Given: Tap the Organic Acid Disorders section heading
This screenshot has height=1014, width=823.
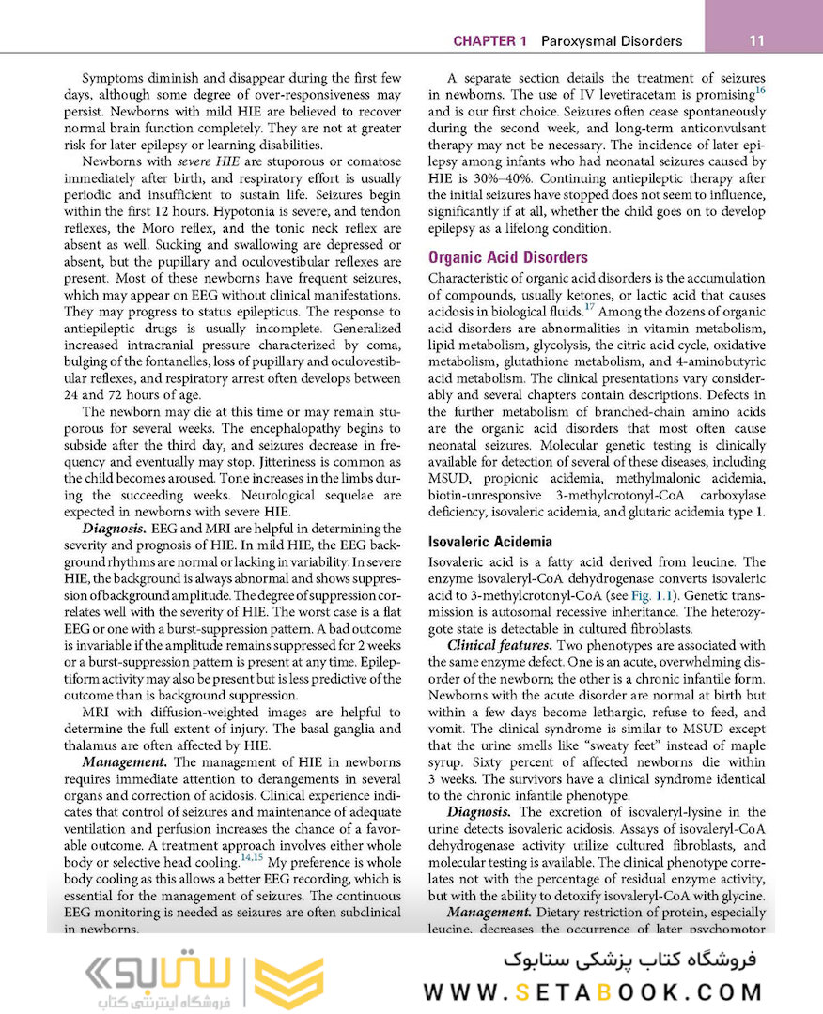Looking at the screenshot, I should pos(507,257).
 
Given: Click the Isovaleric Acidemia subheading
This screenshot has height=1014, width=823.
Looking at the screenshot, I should pos(489,542).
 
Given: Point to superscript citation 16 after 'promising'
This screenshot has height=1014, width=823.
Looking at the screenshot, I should pos(760,91).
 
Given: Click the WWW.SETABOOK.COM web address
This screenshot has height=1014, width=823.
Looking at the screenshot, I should pos(593,991).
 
